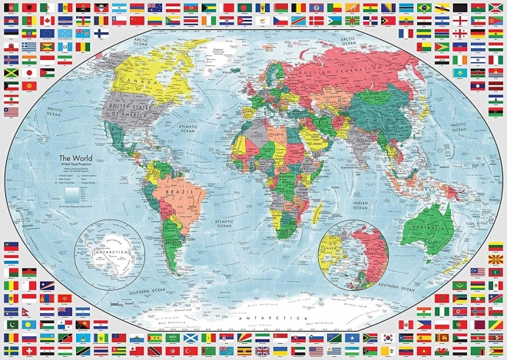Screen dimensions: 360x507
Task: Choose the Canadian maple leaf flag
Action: (47, 20)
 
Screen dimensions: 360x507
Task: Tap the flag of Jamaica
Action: (11, 73)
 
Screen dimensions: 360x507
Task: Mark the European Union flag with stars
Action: (47, 34)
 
